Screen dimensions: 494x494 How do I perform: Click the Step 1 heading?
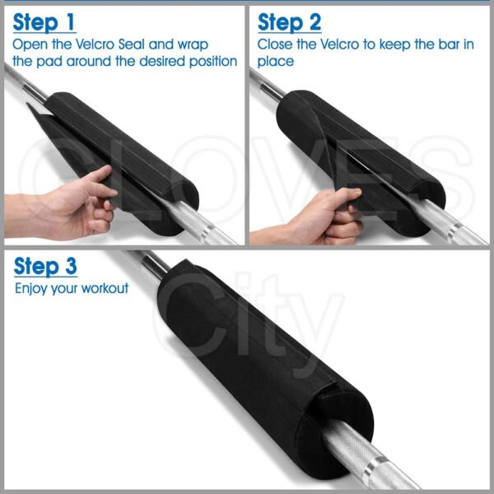tap(44, 23)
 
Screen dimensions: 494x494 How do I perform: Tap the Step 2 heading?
tap(289, 23)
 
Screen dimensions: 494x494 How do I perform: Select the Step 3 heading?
tap(45, 267)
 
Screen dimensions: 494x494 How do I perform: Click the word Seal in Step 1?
tap(132, 44)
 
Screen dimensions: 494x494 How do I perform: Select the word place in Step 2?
tap(276, 62)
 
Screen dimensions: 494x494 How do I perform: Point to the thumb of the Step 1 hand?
tap(98, 175)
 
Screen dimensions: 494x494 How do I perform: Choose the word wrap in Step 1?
tap(193, 45)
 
